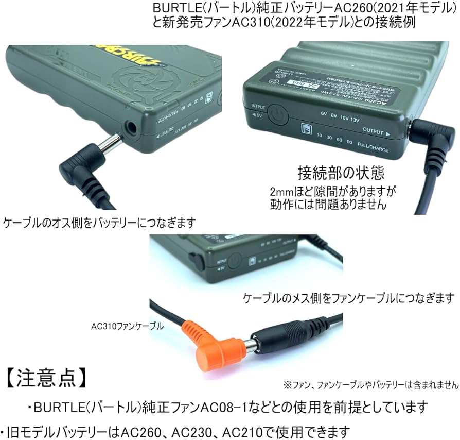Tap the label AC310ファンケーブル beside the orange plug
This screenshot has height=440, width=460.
point(127,326)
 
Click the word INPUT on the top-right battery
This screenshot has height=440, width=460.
point(258,107)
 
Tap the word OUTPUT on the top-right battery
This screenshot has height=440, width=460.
point(374,130)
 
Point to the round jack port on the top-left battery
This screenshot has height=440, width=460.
point(130,127)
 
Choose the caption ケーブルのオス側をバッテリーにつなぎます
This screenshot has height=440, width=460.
point(100,223)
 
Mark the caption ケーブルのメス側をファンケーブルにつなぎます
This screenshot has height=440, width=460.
point(348,298)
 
